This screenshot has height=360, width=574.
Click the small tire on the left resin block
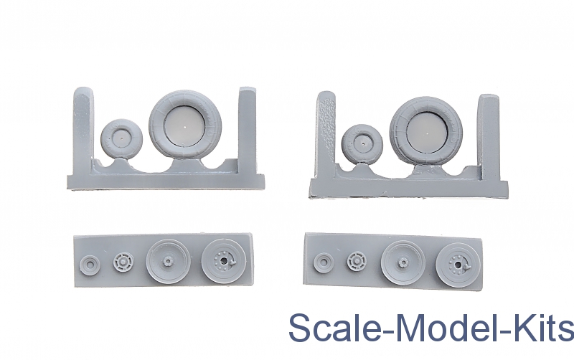(121, 139)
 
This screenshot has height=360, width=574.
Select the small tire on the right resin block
(362, 145)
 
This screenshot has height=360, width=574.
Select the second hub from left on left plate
(123, 262)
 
